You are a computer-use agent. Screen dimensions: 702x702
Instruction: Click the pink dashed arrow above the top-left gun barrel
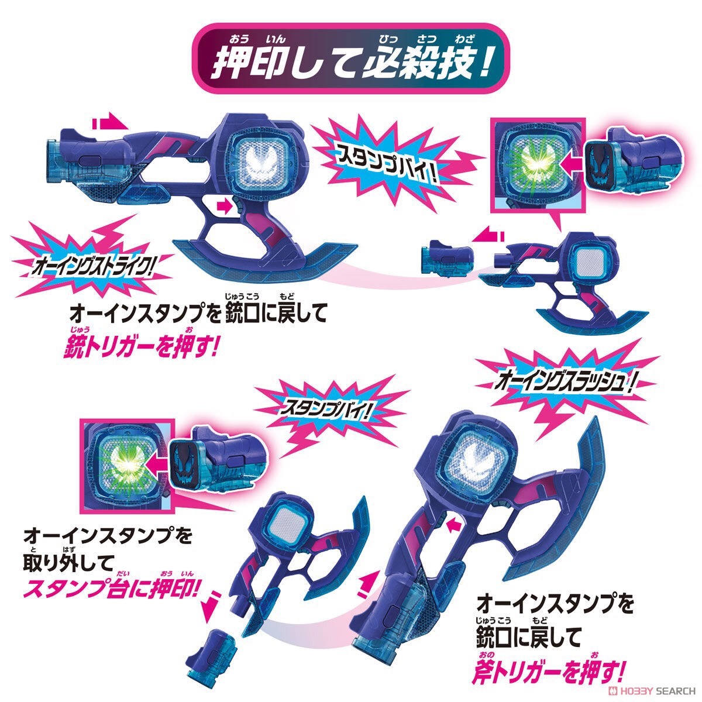pyautogui.click(x=110, y=123)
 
